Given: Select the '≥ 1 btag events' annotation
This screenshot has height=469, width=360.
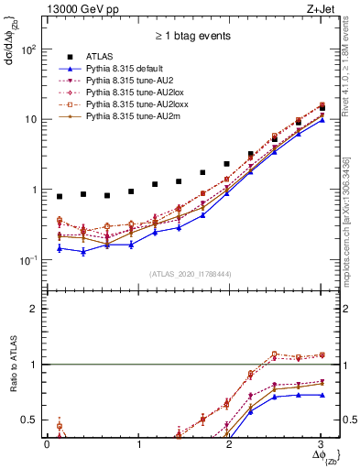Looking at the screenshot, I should coord(191,38).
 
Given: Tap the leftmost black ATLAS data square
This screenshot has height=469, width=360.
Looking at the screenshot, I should coord(60,196).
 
